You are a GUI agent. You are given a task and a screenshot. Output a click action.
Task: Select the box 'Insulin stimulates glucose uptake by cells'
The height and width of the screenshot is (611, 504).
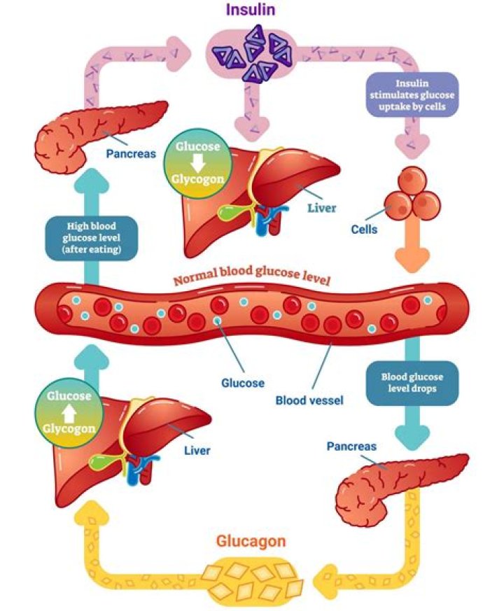tap(410, 96)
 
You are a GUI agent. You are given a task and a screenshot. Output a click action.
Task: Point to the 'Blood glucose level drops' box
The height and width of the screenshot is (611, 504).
tap(412, 384)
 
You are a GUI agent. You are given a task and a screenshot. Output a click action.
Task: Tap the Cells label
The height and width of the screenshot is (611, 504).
tap(364, 230)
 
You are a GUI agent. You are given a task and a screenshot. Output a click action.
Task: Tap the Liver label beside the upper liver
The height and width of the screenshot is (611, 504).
tap(322, 208)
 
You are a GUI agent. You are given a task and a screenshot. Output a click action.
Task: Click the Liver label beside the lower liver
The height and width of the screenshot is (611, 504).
tap(197, 451)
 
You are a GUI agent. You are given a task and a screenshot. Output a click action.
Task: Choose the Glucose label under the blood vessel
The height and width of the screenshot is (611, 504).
tap(243, 383)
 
